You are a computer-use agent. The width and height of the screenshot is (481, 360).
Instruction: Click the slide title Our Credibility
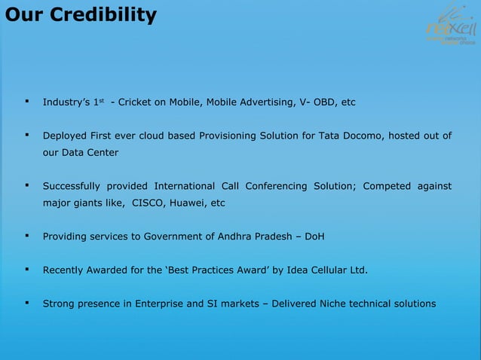coord(79,15)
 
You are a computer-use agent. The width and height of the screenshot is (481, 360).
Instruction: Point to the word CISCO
coord(149,203)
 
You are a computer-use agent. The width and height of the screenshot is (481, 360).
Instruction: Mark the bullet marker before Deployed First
coord(26,136)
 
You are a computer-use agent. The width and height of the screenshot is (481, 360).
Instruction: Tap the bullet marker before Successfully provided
coord(26,186)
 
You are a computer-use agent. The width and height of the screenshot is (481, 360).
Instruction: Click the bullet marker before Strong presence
coord(26,304)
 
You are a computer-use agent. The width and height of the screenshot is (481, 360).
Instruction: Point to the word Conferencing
coord(274,186)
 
